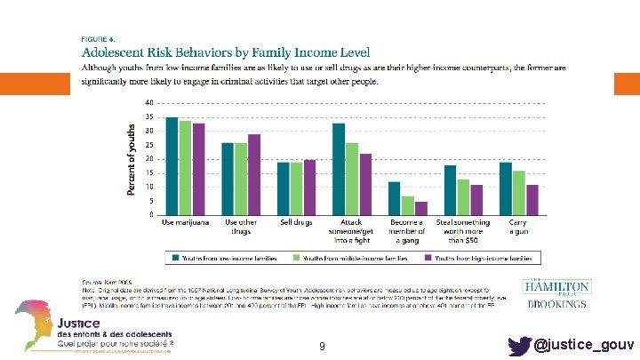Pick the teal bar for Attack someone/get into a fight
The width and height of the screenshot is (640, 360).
tap(339, 169)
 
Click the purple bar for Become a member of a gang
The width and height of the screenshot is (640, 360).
tap(421, 208)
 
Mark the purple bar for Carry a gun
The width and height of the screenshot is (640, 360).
tap(532, 200)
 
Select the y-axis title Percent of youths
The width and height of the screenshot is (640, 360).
tap(132, 158)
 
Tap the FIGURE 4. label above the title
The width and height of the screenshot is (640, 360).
tap(98, 39)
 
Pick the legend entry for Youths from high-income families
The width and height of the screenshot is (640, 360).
tap(480, 258)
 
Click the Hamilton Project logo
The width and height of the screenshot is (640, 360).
tap(556, 286)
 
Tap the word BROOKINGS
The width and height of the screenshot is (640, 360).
tap(557, 304)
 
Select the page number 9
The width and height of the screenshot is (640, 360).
tap(321, 345)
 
